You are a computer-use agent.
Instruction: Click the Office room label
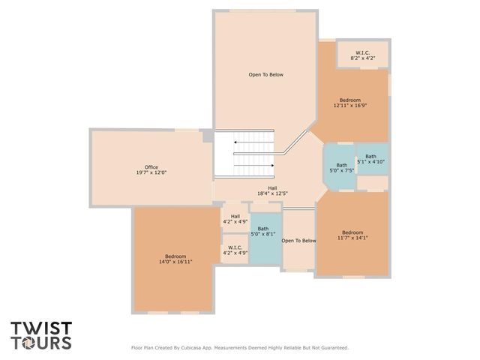tap(151, 166)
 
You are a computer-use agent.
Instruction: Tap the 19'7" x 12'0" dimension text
tap(151, 172)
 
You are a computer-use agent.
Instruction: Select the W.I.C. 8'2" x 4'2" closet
tap(362, 55)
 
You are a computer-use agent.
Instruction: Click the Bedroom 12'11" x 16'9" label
tap(349, 103)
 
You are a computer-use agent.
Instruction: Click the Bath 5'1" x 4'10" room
tap(371, 159)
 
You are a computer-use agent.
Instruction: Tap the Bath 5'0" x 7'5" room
tap(341, 167)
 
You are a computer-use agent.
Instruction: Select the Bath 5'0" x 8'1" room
tap(263, 231)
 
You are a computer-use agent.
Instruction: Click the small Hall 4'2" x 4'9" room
tap(235, 219)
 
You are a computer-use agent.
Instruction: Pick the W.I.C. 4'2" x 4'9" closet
tap(235, 250)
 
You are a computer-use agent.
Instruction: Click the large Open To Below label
tap(266, 74)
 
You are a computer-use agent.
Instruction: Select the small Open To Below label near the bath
tap(298, 241)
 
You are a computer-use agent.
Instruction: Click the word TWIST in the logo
tap(41, 328)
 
